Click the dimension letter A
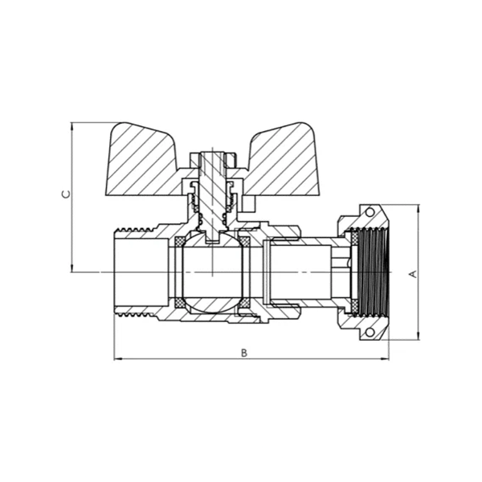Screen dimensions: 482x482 coord(413,273)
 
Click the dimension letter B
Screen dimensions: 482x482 coord(245,352)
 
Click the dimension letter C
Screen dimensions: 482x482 coord(67,194)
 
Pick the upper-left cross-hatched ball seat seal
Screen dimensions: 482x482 coord(180,241)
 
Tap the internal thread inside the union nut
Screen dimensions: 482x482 coord(374,273)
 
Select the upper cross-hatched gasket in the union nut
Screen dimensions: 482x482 coord(353,238)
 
